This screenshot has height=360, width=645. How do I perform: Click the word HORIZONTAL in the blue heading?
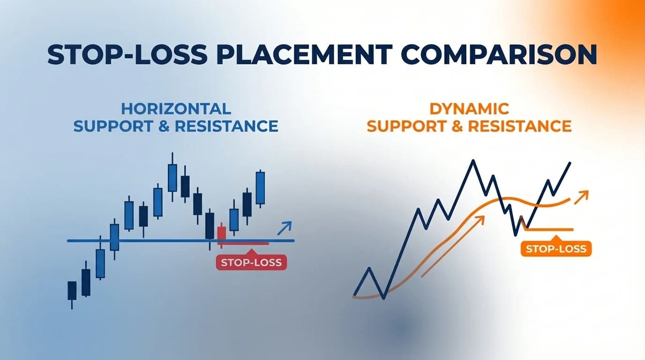point(176,109)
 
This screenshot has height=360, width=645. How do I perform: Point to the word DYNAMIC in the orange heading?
point(469,109)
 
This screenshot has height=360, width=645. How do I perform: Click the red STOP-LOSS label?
point(251,262)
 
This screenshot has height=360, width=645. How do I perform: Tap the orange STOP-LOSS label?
point(556,248)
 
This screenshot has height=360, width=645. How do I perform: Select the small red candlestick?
point(222,233)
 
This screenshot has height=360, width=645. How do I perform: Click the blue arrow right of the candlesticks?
point(284,228)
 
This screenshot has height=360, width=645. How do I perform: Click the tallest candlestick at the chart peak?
point(172,177)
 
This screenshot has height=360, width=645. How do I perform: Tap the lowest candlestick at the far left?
point(72,291)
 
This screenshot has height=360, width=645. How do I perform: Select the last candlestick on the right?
point(260,187)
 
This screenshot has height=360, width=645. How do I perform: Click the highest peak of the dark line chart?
point(473,161)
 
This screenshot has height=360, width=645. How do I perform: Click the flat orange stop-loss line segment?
point(551,230)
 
